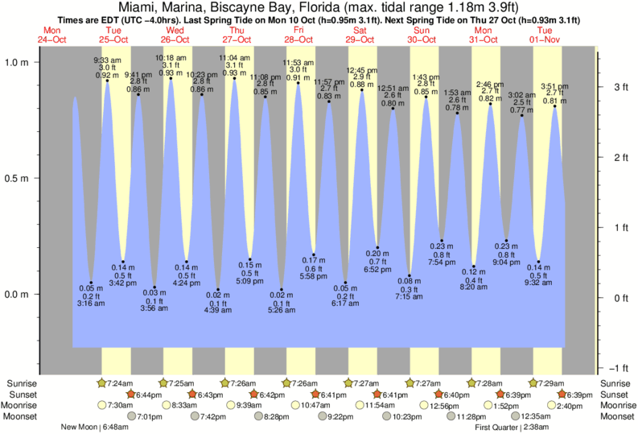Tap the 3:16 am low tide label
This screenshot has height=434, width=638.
coord(91,304)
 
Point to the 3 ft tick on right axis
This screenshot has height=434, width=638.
coord(620,86)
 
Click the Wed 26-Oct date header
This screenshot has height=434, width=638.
coord(175,35)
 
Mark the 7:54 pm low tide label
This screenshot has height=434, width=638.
coord(442,262)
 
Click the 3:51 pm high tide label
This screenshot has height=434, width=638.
coord(555,86)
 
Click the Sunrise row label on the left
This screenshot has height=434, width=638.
coord(19,382)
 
